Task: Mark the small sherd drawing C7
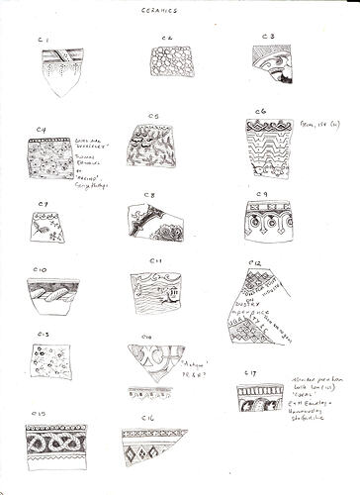click(49, 229)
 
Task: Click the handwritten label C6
click(259, 112)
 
